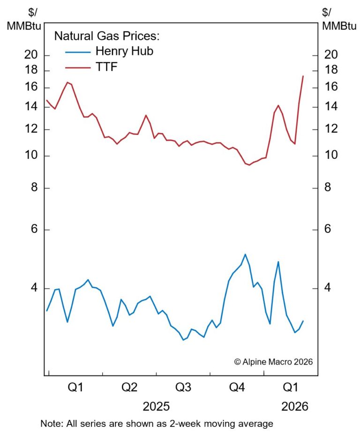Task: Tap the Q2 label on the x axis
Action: point(129,388)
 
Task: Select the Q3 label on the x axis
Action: point(183,388)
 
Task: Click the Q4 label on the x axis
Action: point(237,388)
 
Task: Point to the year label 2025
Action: point(157,406)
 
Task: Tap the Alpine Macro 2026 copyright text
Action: point(273,362)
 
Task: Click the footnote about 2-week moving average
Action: point(157,424)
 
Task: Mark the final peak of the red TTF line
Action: point(303,76)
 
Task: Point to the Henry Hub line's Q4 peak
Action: point(245,254)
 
